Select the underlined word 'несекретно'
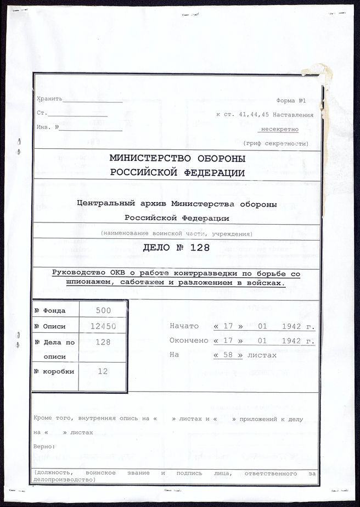[x=279, y=130]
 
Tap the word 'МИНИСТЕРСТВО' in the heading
[x=147, y=158]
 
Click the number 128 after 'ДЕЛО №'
[x=200, y=248]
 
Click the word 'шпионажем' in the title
[x=72, y=283]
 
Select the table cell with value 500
[x=103, y=310]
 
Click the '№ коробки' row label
[x=54, y=371]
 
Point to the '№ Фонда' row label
[x=50, y=310]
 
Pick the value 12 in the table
[x=103, y=371]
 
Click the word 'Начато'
[x=184, y=325]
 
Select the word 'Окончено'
[x=188, y=340]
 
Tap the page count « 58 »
[x=228, y=355]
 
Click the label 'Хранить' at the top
[x=49, y=99]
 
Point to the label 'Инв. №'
[x=48, y=127]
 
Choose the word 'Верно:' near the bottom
[x=44, y=446]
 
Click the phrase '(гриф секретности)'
[x=275, y=143]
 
